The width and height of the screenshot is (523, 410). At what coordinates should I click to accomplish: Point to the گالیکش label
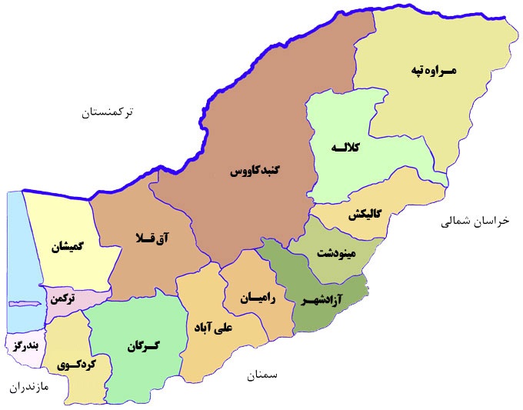click(x=365, y=214)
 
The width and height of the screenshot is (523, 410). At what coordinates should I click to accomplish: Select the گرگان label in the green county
click(x=142, y=346)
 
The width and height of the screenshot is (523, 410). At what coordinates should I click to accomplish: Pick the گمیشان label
click(x=67, y=247)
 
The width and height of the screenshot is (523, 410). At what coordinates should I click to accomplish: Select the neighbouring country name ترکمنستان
click(x=107, y=112)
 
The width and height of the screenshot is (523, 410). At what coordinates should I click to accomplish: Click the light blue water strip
click(x=15, y=254)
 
